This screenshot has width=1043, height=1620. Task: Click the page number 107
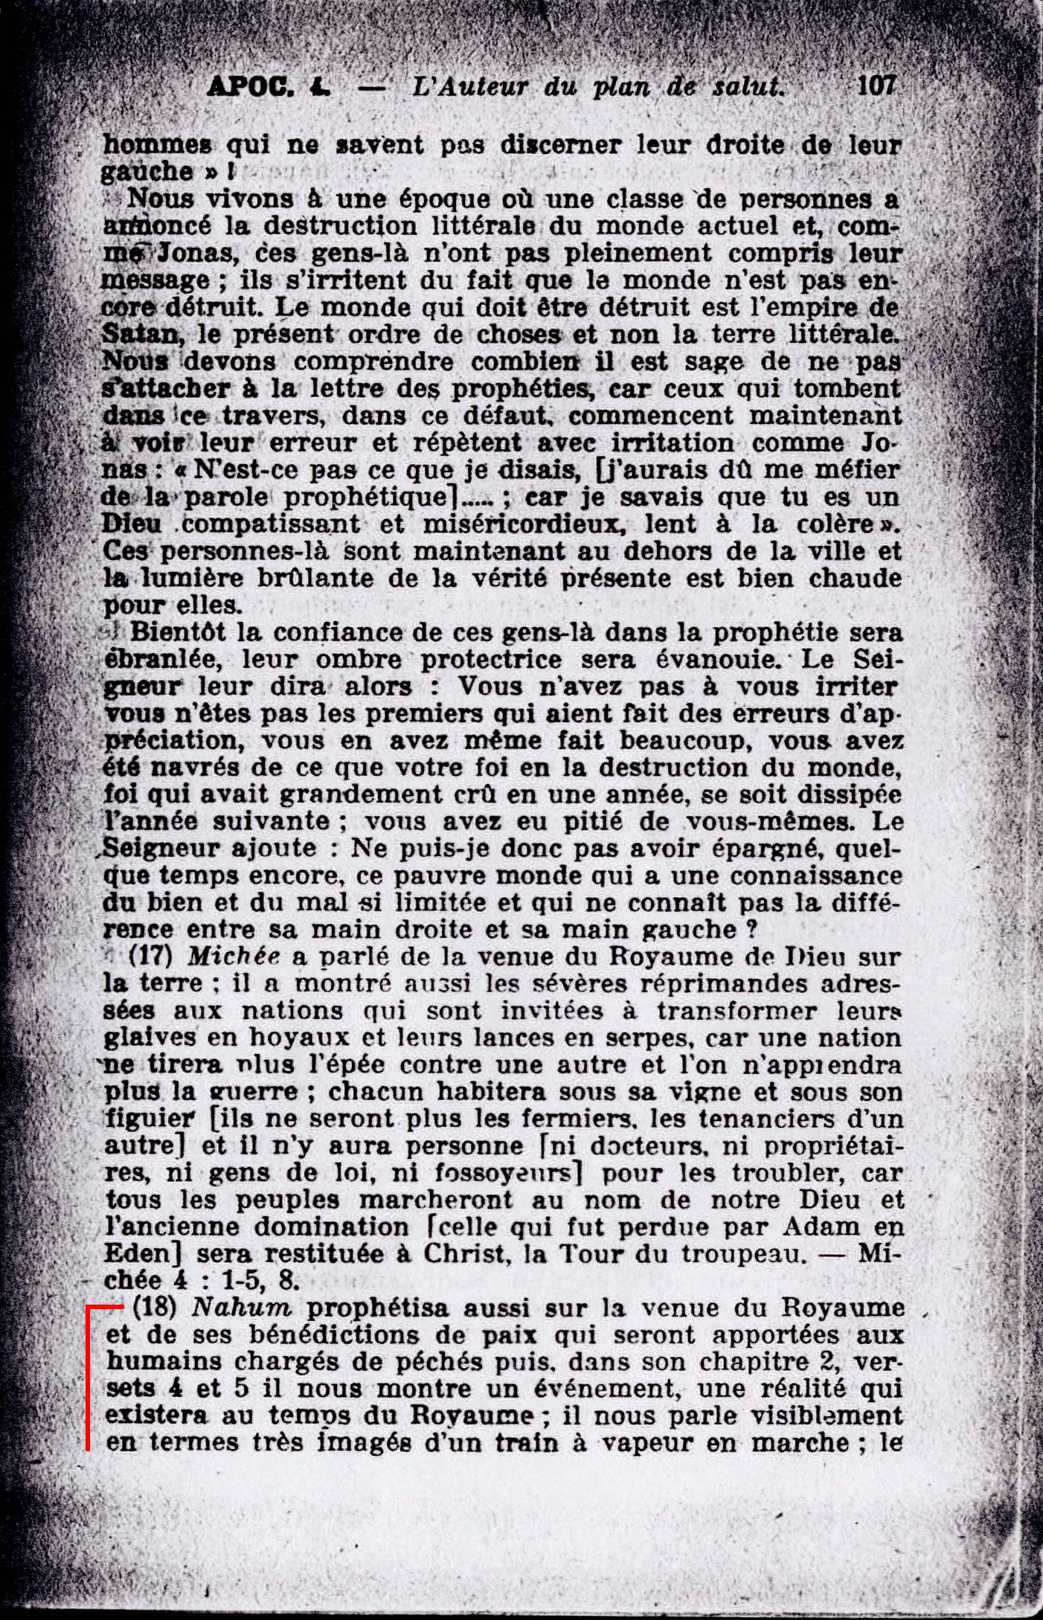[x=876, y=86]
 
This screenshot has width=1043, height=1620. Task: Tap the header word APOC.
[x=249, y=88]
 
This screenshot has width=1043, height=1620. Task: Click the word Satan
[x=141, y=335]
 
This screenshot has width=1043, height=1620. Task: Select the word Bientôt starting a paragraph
[x=176, y=633]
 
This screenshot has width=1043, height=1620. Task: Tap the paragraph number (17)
[x=153, y=957]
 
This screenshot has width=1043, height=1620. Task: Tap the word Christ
[x=466, y=1254]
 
